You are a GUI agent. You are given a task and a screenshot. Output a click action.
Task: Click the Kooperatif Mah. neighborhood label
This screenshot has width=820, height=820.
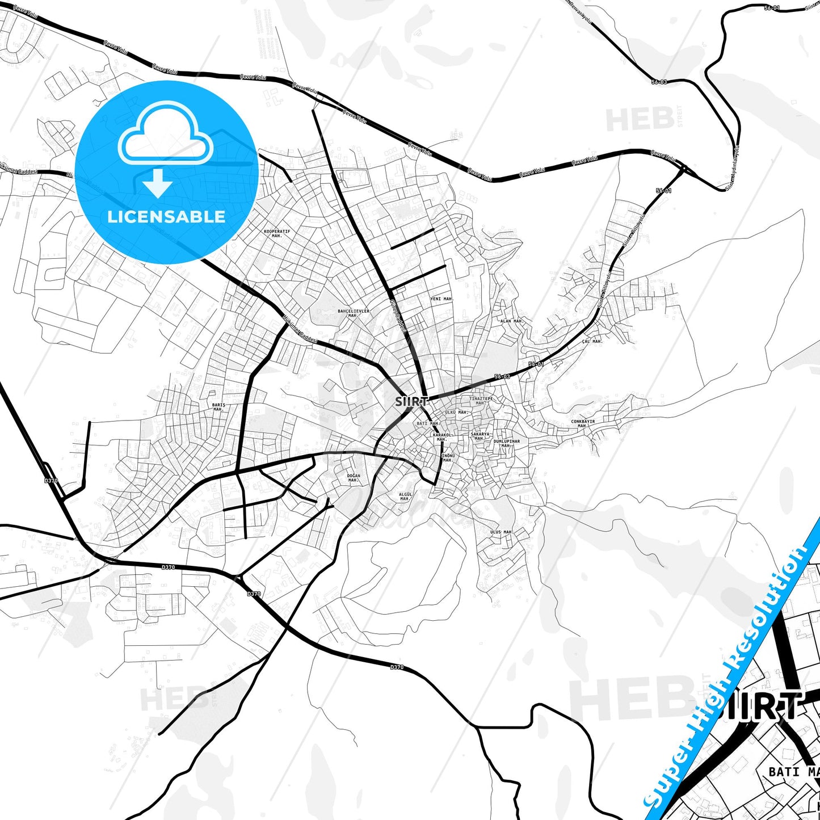[277, 233]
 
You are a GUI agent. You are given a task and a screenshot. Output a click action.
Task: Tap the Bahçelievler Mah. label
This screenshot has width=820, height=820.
[354, 313]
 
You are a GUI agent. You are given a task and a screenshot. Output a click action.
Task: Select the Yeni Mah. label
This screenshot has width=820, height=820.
[441, 298]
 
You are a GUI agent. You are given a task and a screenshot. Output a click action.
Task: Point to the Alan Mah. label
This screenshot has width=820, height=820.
[511, 321]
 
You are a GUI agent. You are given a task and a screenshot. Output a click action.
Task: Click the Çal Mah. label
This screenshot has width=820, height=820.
[592, 342]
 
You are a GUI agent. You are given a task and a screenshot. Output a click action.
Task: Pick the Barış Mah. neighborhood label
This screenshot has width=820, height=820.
[218, 407]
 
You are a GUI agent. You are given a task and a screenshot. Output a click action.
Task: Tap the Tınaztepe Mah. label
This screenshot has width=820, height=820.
[481, 401]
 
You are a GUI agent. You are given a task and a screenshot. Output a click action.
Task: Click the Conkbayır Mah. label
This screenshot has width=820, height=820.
[583, 423]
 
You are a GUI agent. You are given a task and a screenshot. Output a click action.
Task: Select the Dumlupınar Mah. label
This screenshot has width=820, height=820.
[506, 443]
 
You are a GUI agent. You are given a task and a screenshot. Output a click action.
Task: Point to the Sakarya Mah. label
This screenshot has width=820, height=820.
[480, 436]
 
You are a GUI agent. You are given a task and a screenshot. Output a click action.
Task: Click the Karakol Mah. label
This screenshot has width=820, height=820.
[441, 437]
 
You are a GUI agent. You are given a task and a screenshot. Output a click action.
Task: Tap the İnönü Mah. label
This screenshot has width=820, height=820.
[448, 457]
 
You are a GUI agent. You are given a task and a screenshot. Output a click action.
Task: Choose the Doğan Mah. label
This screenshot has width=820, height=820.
[354, 478]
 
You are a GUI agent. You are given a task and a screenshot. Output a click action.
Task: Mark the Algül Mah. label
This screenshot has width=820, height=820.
[405, 497]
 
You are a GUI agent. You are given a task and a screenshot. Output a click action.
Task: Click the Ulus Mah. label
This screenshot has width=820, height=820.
[501, 532]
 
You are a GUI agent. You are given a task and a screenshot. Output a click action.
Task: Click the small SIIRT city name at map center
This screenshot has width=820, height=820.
[412, 401]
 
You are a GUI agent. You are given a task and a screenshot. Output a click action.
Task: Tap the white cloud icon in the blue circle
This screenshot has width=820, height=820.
[166, 134]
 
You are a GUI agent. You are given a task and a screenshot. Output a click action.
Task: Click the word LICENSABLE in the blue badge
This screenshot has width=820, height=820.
[166, 216]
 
